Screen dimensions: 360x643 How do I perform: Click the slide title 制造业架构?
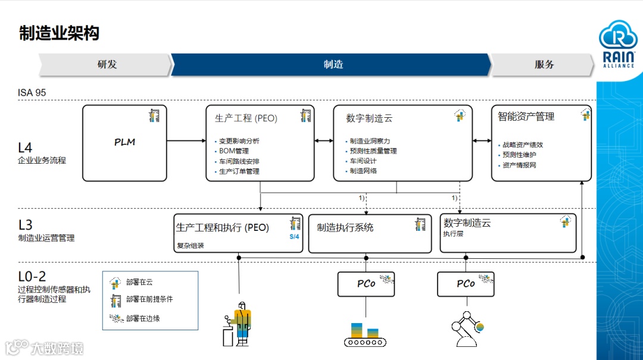click(59, 33)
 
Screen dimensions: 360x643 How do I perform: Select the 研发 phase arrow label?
click(107, 65)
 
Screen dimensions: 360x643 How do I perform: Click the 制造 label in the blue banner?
click(333, 65)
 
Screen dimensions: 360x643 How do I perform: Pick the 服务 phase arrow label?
click(544, 65)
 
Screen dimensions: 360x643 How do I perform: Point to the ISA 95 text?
click(32, 93)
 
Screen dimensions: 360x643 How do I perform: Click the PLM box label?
click(125, 142)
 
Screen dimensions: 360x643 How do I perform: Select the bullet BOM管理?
click(234, 151)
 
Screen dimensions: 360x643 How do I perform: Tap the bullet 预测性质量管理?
click(373, 151)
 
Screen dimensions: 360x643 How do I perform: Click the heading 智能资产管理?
click(526, 117)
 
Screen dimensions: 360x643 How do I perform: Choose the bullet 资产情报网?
click(519, 165)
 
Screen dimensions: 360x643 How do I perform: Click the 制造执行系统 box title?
click(345, 227)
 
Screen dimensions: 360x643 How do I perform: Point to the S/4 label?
click(295, 236)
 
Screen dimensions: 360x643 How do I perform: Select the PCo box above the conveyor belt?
click(366, 284)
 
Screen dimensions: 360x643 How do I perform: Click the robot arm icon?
click(465, 331)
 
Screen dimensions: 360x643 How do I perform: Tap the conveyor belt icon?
click(365, 334)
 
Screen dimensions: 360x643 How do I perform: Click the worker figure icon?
click(238, 323)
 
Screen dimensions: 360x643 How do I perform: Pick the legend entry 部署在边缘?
click(143, 318)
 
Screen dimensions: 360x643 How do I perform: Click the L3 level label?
click(25, 225)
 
